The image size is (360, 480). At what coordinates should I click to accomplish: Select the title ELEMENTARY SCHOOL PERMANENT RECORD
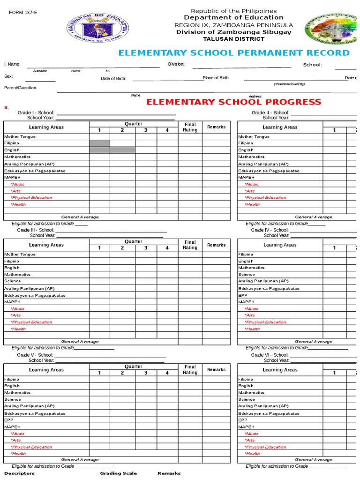coord(234,53)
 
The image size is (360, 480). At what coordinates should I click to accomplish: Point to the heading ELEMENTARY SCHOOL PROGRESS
coord(234,102)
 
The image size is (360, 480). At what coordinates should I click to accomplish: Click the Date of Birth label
coord(113,79)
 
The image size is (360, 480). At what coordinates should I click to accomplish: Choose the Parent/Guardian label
coord(21,88)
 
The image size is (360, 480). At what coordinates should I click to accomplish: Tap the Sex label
coord(8,76)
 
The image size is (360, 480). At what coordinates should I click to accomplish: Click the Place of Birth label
coord(216,78)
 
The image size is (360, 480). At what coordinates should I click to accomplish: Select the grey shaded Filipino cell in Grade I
coord(99,143)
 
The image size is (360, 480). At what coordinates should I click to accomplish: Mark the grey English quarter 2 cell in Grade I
coord(122,150)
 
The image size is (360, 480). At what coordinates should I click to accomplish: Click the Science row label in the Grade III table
coord(13,281)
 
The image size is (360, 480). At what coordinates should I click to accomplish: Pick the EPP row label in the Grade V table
coord(8,420)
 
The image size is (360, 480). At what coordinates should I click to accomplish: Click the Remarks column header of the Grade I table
coord(216,127)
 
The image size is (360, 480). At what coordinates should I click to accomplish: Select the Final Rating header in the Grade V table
coord(190,370)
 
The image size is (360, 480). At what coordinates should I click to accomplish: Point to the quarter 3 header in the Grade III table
coord(146,248)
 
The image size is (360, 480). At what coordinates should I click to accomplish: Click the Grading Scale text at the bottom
coord(118,473)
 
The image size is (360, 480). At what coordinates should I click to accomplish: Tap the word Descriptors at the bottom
coord(19,473)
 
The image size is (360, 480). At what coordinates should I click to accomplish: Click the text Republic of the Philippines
coord(233,11)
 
